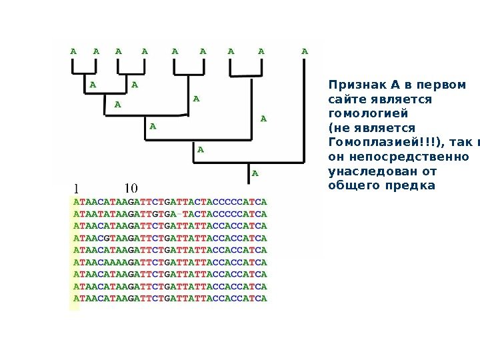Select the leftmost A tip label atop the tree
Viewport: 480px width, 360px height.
point(73,50)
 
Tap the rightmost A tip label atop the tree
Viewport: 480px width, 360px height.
point(305,50)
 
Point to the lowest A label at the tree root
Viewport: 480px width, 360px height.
point(254,174)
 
